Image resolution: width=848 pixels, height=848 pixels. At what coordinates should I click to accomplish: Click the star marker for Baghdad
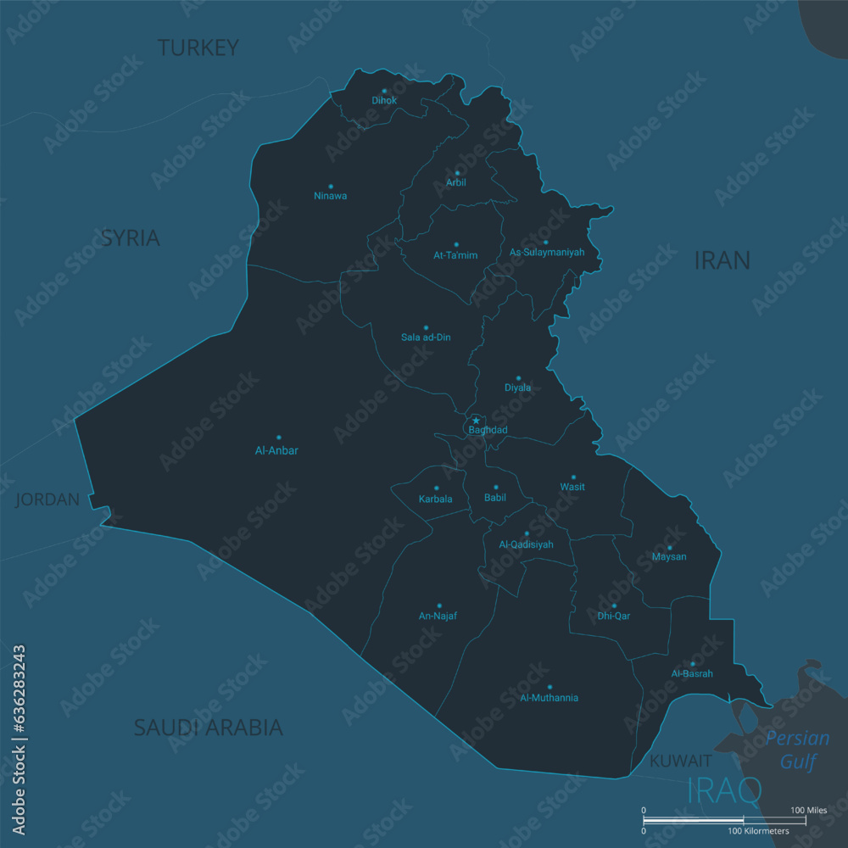coord(476,421)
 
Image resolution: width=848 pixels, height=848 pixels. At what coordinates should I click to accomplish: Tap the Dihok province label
coord(384,100)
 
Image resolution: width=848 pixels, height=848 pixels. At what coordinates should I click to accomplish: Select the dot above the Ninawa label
coord(331,186)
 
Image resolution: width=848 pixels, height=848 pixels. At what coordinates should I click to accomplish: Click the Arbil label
coord(456,182)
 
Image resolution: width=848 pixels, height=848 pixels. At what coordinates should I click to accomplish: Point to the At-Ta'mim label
coord(455,254)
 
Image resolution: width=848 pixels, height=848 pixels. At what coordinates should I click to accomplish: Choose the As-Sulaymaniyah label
coord(546,253)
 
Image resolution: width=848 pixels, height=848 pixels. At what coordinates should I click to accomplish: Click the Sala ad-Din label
coord(426,338)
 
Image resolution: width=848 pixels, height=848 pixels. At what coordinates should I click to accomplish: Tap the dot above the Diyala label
coord(518,378)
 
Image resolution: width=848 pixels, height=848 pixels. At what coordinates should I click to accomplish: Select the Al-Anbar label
coord(276,450)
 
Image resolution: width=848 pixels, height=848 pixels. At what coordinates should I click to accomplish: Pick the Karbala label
coord(436,499)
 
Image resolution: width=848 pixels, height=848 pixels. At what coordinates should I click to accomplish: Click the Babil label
coord(495,498)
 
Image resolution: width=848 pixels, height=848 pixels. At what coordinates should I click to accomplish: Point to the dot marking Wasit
coord(572,477)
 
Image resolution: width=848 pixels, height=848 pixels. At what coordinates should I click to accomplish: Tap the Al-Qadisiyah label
coord(526,544)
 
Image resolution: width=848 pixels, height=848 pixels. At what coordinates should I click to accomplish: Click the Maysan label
coord(669,557)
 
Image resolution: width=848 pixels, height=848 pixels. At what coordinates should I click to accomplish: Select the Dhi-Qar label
coord(614,616)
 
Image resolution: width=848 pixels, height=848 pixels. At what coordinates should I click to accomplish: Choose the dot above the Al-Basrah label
coord(692,663)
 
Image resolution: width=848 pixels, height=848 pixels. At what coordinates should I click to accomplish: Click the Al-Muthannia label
coord(549,698)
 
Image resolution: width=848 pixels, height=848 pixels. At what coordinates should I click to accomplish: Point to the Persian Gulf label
coord(797,750)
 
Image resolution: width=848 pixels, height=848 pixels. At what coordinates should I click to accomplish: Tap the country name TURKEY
coord(198,47)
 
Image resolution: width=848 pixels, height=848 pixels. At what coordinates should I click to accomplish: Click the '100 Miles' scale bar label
coord(808,811)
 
